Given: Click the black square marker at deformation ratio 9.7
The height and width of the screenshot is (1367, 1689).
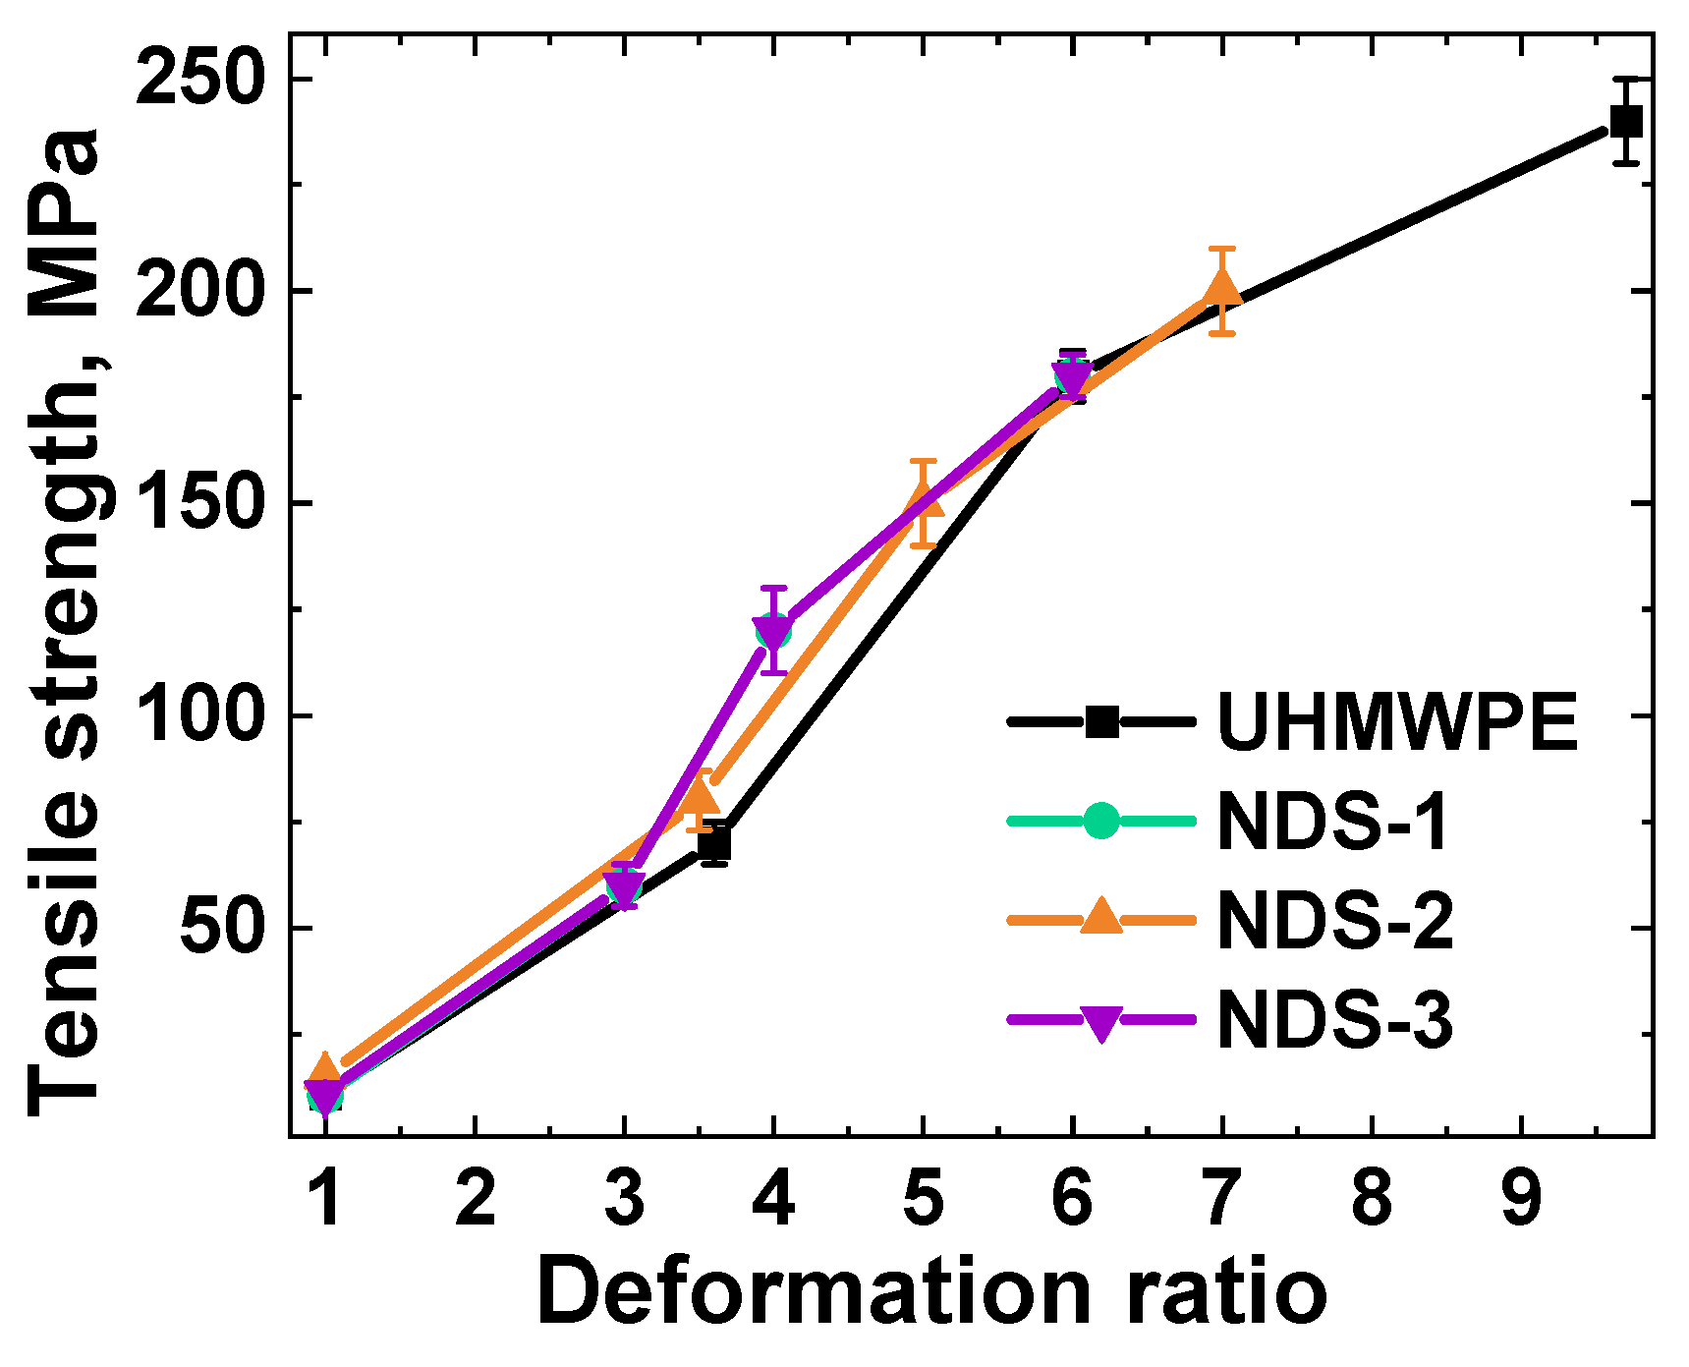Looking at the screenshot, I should [x=1626, y=122].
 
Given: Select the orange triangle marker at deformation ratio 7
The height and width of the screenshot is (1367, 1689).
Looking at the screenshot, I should [x=1221, y=289].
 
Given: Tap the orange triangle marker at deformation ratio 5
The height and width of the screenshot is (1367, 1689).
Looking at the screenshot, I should [x=923, y=502].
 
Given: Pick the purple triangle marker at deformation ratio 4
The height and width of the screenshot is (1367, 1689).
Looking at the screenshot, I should [x=773, y=631].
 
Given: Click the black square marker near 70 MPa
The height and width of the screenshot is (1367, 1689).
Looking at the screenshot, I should [x=714, y=843].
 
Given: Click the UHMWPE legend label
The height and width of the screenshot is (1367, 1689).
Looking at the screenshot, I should [x=1396, y=722].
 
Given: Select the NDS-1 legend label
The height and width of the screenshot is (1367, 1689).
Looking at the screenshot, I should [x=1332, y=821].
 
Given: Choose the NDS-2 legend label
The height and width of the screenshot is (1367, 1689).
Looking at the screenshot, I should [x=1334, y=921].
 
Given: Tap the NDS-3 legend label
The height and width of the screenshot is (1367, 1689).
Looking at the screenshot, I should [x=1334, y=1020].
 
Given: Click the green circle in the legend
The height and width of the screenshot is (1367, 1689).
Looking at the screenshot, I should [x=1101, y=821].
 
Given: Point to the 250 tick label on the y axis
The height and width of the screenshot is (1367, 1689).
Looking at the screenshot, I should [x=201, y=79].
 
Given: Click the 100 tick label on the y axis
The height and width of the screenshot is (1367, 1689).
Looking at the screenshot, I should [x=201, y=715].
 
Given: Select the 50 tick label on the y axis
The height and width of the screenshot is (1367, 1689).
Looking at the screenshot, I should [x=223, y=928].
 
